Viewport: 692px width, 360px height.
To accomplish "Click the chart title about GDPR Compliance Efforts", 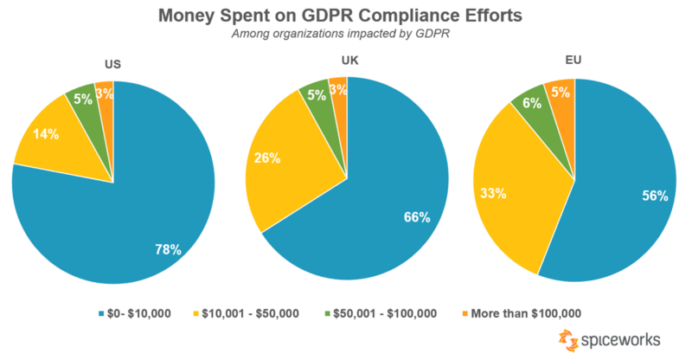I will [345, 16].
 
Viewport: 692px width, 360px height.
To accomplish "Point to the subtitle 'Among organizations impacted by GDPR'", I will [346, 35].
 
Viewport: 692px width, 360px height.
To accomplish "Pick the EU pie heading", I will [573, 61].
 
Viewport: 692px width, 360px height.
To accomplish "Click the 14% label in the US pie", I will [47, 135].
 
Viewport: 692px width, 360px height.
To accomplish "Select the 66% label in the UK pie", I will [416, 217].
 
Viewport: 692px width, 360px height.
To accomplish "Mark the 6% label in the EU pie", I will [530, 102].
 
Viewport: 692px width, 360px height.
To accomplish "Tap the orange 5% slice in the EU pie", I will [560, 92].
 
